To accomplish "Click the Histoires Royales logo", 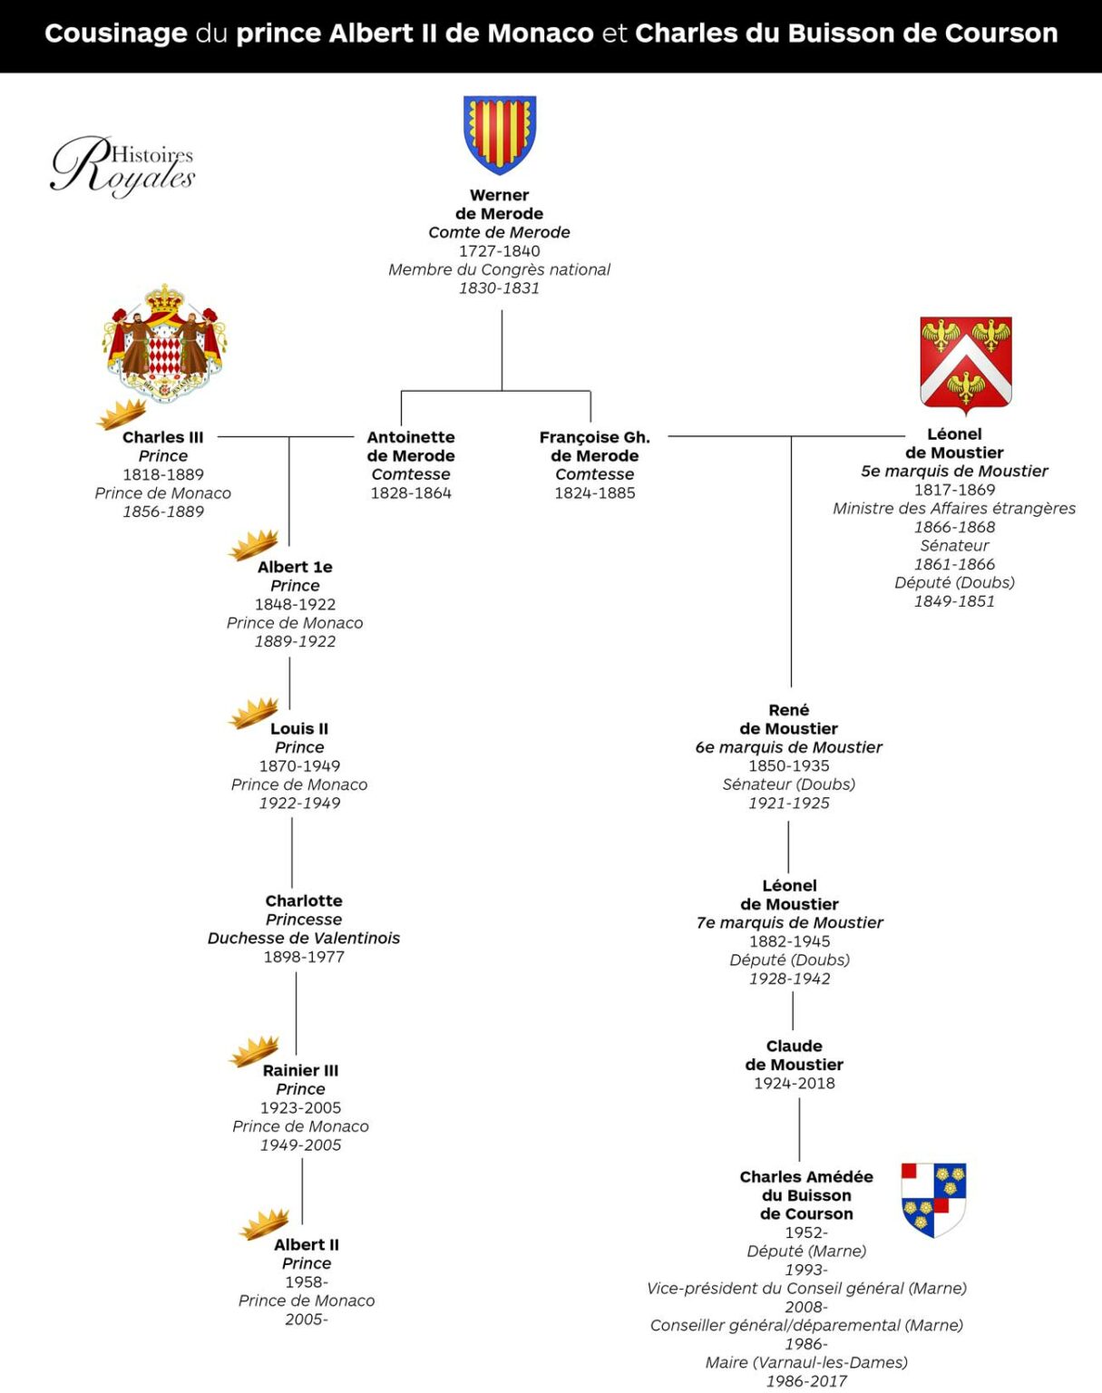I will point(122,165).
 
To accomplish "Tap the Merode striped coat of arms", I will point(500,133).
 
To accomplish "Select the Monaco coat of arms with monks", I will point(164,343).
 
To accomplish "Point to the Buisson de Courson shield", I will point(933,1199).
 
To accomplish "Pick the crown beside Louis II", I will point(253,713).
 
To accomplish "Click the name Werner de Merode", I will point(499,204).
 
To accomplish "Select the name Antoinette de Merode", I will point(411,446).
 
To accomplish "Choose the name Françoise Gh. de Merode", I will point(595,446).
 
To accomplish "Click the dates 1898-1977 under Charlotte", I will point(304,957).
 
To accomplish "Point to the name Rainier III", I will point(300,1070).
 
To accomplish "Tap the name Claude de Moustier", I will point(795,1055).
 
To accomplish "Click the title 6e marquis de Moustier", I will point(788,747).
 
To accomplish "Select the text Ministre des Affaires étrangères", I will point(954,508).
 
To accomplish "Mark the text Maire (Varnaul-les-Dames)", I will point(806,1362).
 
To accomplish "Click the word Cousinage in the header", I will point(116,34).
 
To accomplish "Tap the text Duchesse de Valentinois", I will point(304,938).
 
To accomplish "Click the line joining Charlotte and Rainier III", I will point(297,1011).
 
